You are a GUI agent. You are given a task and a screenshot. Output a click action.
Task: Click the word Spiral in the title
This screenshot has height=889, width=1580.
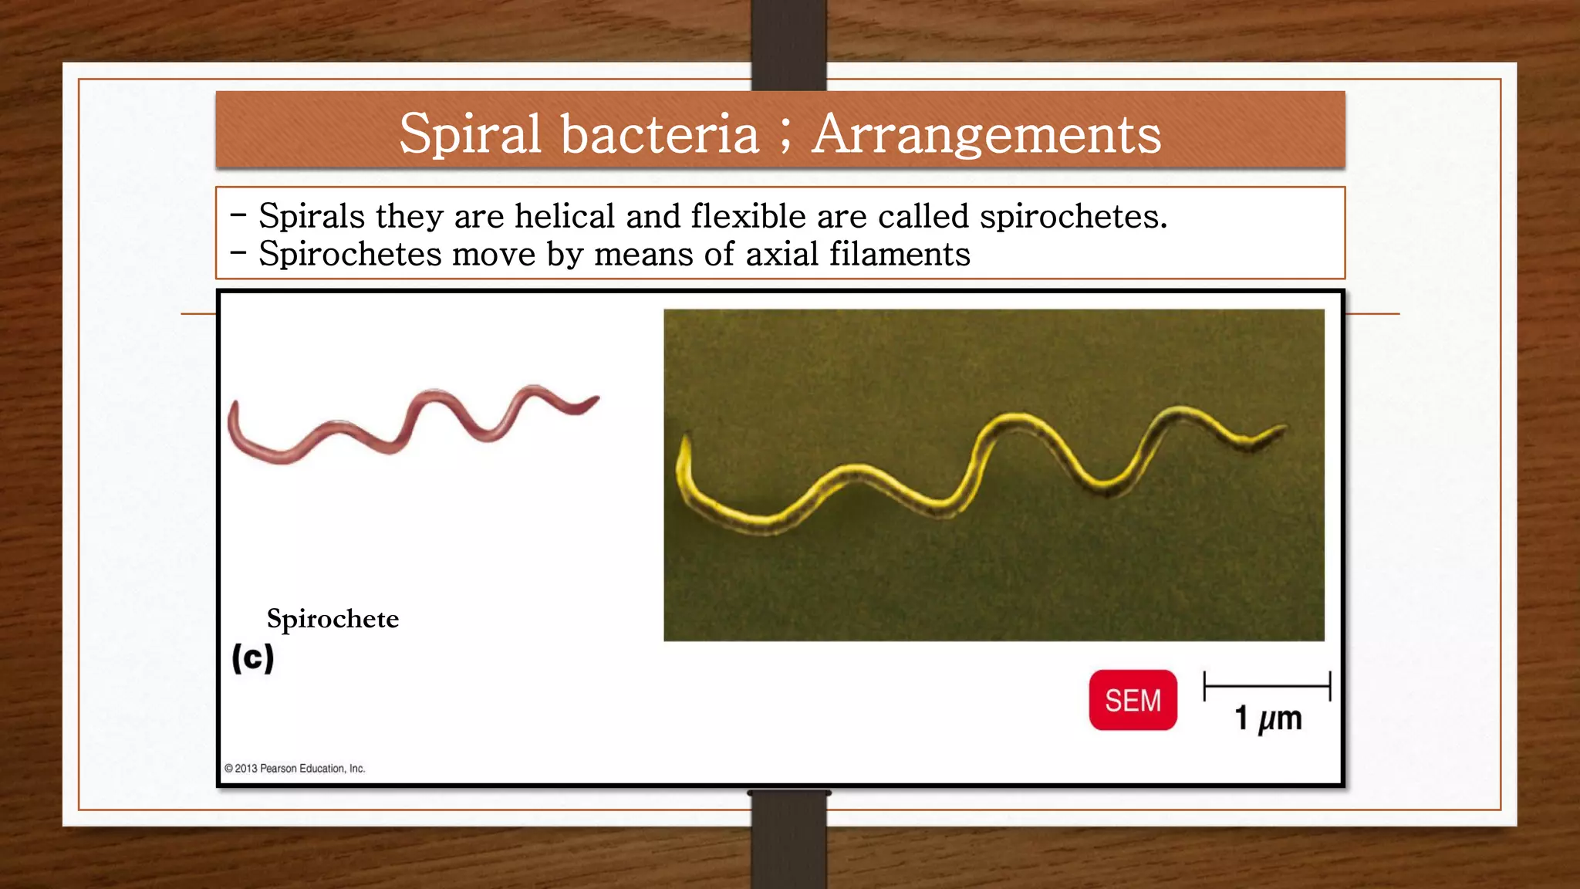pyautogui.click(x=470, y=134)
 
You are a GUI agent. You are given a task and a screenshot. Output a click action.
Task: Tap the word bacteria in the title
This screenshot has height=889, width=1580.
pyautogui.click(x=660, y=134)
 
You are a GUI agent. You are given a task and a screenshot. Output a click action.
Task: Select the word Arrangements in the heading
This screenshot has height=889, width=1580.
pyautogui.click(x=987, y=134)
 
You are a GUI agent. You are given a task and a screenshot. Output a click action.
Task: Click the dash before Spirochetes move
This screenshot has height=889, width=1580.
pyautogui.click(x=238, y=252)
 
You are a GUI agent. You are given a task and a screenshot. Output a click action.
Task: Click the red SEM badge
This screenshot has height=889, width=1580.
pyautogui.click(x=1133, y=700)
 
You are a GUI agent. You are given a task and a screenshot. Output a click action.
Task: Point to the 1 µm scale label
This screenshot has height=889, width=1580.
pyautogui.click(x=1268, y=718)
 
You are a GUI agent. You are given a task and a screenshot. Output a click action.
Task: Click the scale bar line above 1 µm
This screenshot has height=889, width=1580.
pyautogui.click(x=1267, y=685)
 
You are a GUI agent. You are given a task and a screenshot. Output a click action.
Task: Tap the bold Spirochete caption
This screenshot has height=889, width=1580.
pyautogui.click(x=333, y=619)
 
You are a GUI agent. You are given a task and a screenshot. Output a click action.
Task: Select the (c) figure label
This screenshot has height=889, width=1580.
pyautogui.click(x=253, y=658)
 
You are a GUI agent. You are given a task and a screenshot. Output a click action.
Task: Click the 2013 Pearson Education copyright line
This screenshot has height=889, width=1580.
pyautogui.click(x=295, y=769)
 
